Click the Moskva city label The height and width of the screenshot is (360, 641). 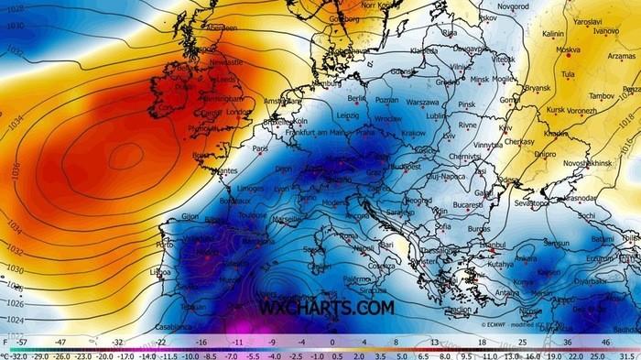pyautogui.click(x=568, y=49)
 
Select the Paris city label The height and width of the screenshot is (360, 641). pyautogui.click(x=261, y=147)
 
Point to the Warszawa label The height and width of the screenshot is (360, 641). pyautogui.click(x=423, y=102)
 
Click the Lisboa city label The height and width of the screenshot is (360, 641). pyautogui.click(x=160, y=272)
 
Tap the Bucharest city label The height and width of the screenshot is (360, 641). pyautogui.click(x=467, y=204)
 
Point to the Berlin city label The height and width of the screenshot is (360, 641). pyautogui.click(x=357, y=98)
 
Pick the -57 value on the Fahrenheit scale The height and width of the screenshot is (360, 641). pyautogui.click(x=20, y=340)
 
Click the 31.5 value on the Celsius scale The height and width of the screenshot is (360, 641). pyautogui.click(x=627, y=355)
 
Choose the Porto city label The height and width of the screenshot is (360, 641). pyautogui.click(x=165, y=245)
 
